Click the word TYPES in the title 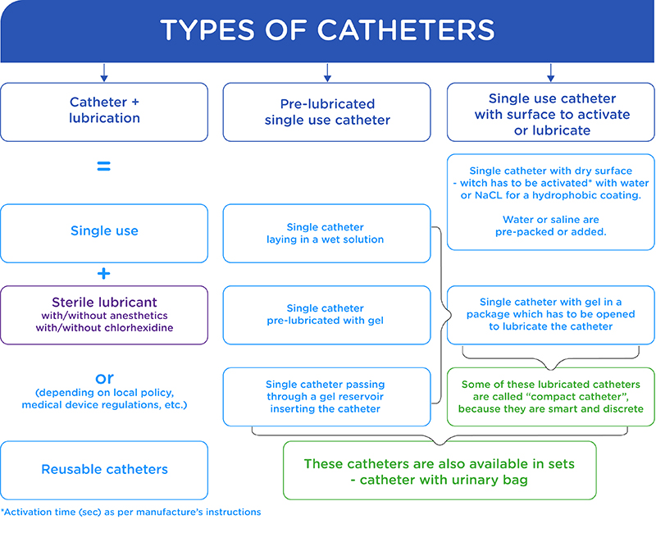[x=207, y=30]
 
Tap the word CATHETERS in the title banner [x=406, y=30]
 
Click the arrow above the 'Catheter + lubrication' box [x=104, y=72]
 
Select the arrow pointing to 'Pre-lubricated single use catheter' [x=327, y=72]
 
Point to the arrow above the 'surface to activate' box [x=550, y=72]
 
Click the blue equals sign [x=104, y=166]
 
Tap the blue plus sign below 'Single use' [x=104, y=274]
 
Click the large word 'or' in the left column [x=104, y=378]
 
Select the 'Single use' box [x=104, y=234]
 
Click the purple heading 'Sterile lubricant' [x=104, y=302]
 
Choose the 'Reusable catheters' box [x=104, y=470]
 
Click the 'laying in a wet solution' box [x=326, y=234]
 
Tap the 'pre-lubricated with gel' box [x=326, y=315]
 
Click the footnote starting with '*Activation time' [x=130, y=512]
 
